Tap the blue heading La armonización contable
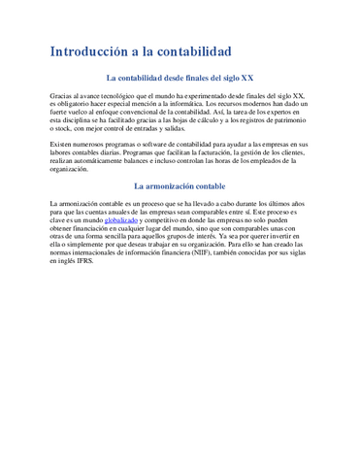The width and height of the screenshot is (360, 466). [180, 184]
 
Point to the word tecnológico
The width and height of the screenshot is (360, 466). [119, 96]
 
